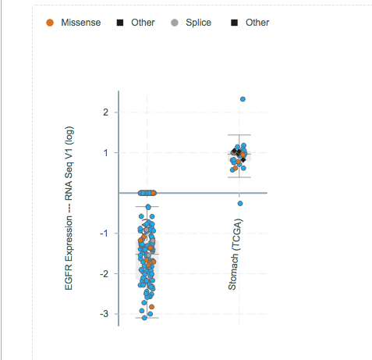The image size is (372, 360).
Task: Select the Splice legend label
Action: point(198,23)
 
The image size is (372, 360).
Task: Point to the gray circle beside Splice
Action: point(175,23)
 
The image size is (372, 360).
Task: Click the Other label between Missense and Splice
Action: point(142,23)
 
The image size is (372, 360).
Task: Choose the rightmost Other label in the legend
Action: point(257,23)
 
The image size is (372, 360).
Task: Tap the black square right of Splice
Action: point(234,23)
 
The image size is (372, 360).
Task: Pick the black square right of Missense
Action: point(119,23)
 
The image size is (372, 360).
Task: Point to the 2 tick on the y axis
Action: point(106,112)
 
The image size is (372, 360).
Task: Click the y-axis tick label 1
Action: point(106,153)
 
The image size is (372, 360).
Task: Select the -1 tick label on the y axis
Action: point(105,233)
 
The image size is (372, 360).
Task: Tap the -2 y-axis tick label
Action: point(105,274)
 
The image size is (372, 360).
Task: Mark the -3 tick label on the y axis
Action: point(105,314)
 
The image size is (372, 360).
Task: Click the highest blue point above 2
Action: point(243,99)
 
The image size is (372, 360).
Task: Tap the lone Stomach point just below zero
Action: point(240,203)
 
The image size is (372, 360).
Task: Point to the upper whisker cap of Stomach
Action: point(239,135)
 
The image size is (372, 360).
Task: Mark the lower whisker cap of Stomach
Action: point(239,177)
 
